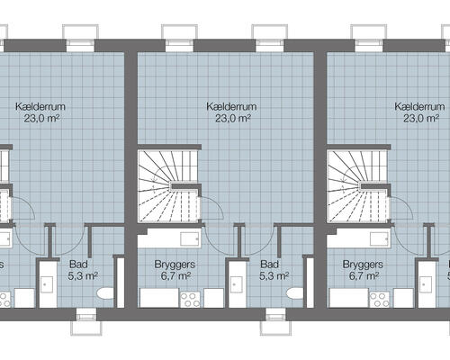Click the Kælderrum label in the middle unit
click(x=230, y=105)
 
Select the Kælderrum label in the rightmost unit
click(x=418, y=105)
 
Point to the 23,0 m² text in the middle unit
click(x=230, y=118)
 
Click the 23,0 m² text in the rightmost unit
click(x=419, y=118)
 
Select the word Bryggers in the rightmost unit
click(x=364, y=265)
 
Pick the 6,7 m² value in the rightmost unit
click(x=364, y=277)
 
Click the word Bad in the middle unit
click(x=268, y=265)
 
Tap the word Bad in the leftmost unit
click(x=79, y=265)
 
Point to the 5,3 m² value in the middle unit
click(x=268, y=277)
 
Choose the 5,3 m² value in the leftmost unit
click(x=79, y=277)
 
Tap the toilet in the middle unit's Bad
click(x=293, y=295)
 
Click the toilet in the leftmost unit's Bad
click(x=104, y=295)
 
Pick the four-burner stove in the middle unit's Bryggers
click(x=190, y=299)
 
